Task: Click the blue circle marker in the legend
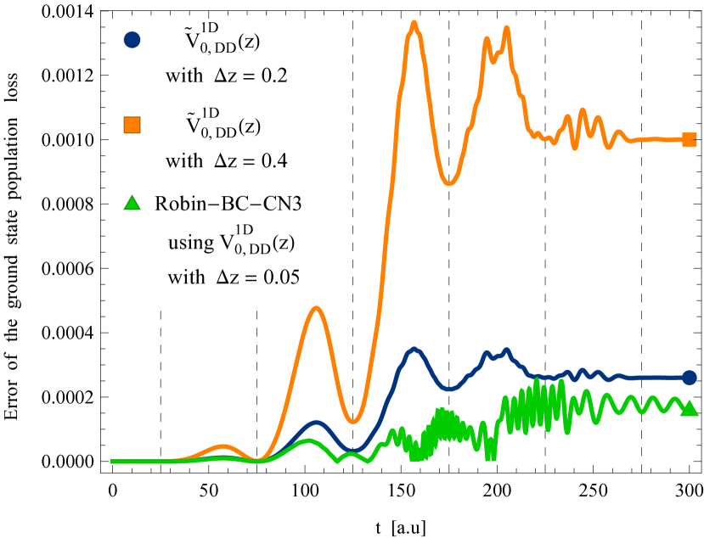point(132,39)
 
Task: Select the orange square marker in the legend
point(132,125)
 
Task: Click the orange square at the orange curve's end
point(690,139)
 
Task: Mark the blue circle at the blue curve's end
point(690,378)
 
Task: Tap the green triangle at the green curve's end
point(690,409)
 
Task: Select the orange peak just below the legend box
point(316,309)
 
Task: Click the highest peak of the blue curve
point(414,349)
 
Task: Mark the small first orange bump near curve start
point(222,446)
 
